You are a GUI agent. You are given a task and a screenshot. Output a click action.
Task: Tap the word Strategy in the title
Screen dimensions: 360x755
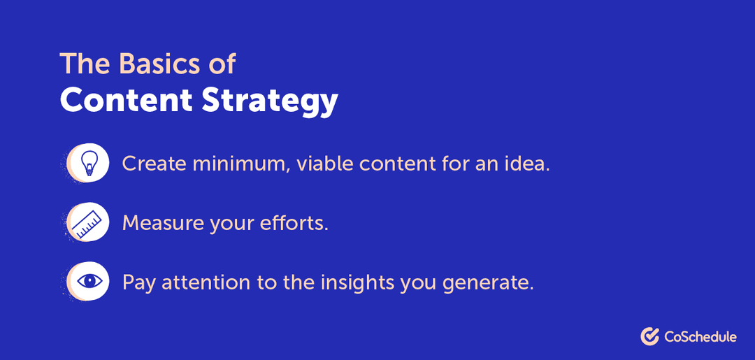click(x=270, y=102)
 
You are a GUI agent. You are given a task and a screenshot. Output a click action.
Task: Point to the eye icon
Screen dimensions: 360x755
click(x=89, y=282)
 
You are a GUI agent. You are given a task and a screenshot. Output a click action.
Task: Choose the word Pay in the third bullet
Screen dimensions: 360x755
click(x=137, y=283)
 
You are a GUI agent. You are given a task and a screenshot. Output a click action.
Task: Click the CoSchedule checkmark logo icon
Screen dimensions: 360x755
click(x=650, y=336)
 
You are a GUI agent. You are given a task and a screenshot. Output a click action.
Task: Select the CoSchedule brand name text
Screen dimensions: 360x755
click(x=700, y=337)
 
